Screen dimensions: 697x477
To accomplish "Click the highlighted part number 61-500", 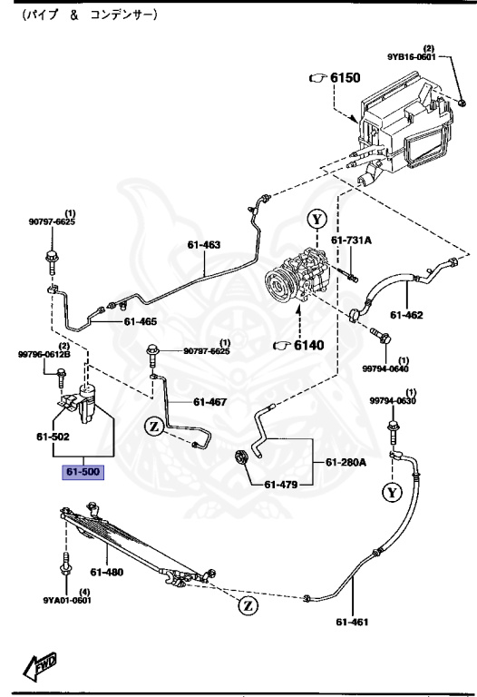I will pos(83,472).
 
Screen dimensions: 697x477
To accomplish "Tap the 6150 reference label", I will pos(342,79).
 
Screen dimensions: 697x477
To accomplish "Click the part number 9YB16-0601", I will pos(413,56).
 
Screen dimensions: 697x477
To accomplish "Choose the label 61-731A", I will pos(352,241).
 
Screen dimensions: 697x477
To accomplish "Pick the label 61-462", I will pos(407,315).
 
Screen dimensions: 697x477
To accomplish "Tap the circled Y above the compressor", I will pos(315,220).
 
